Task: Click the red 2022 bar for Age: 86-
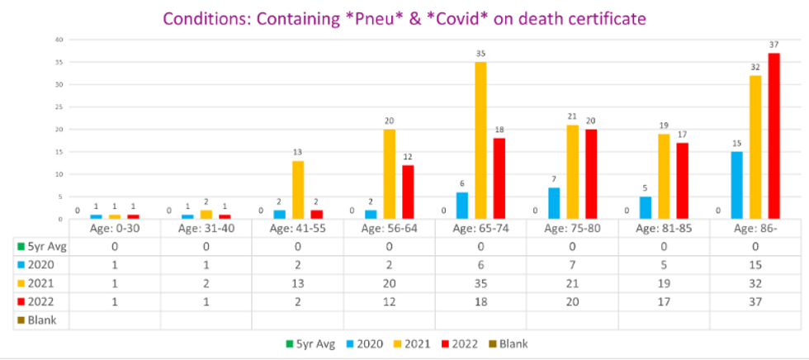(x=774, y=136)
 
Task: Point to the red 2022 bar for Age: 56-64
(x=408, y=192)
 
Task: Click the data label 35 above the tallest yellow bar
(x=480, y=54)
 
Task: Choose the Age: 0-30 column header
(x=115, y=228)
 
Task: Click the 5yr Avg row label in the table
(x=40, y=246)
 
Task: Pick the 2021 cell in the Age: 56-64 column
(x=389, y=282)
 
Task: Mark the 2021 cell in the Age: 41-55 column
(x=298, y=282)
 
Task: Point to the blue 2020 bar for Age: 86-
(x=736, y=185)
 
